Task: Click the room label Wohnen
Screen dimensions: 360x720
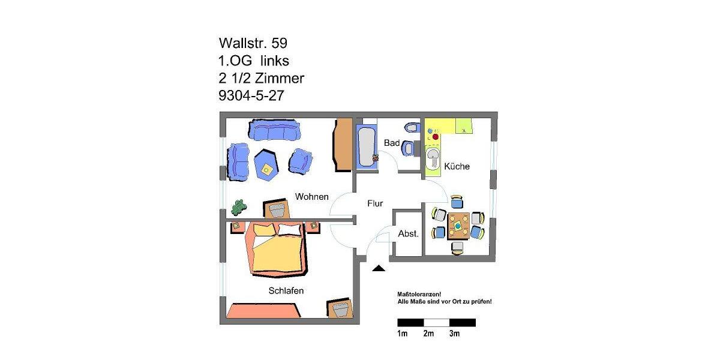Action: tap(311, 197)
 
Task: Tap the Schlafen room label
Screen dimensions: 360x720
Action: tap(286, 291)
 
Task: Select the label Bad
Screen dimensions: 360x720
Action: tap(392, 143)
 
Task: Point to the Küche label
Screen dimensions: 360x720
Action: tap(457, 166)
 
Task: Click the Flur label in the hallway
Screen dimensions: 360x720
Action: tap(375, 203)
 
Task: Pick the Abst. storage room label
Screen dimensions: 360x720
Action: tap(408, 234)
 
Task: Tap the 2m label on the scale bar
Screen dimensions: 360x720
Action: tap(428, 334)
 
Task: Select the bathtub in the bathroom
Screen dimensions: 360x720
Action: tap(367, 146)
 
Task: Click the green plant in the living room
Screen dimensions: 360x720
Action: tap(239, 207)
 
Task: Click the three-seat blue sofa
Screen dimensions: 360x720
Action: tap(274, 130)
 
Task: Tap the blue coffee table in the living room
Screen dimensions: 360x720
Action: tap(266, 165)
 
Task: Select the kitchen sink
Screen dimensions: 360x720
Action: tap(433, 159)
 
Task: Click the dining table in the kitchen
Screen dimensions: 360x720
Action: tap(458, 226)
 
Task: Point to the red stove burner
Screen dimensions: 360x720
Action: tap(435, 137)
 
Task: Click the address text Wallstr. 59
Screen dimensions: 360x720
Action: tap(257, 43)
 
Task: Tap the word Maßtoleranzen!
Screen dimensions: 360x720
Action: tap(419, 293)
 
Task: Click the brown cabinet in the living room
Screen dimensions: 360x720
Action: tap(342, 144)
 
